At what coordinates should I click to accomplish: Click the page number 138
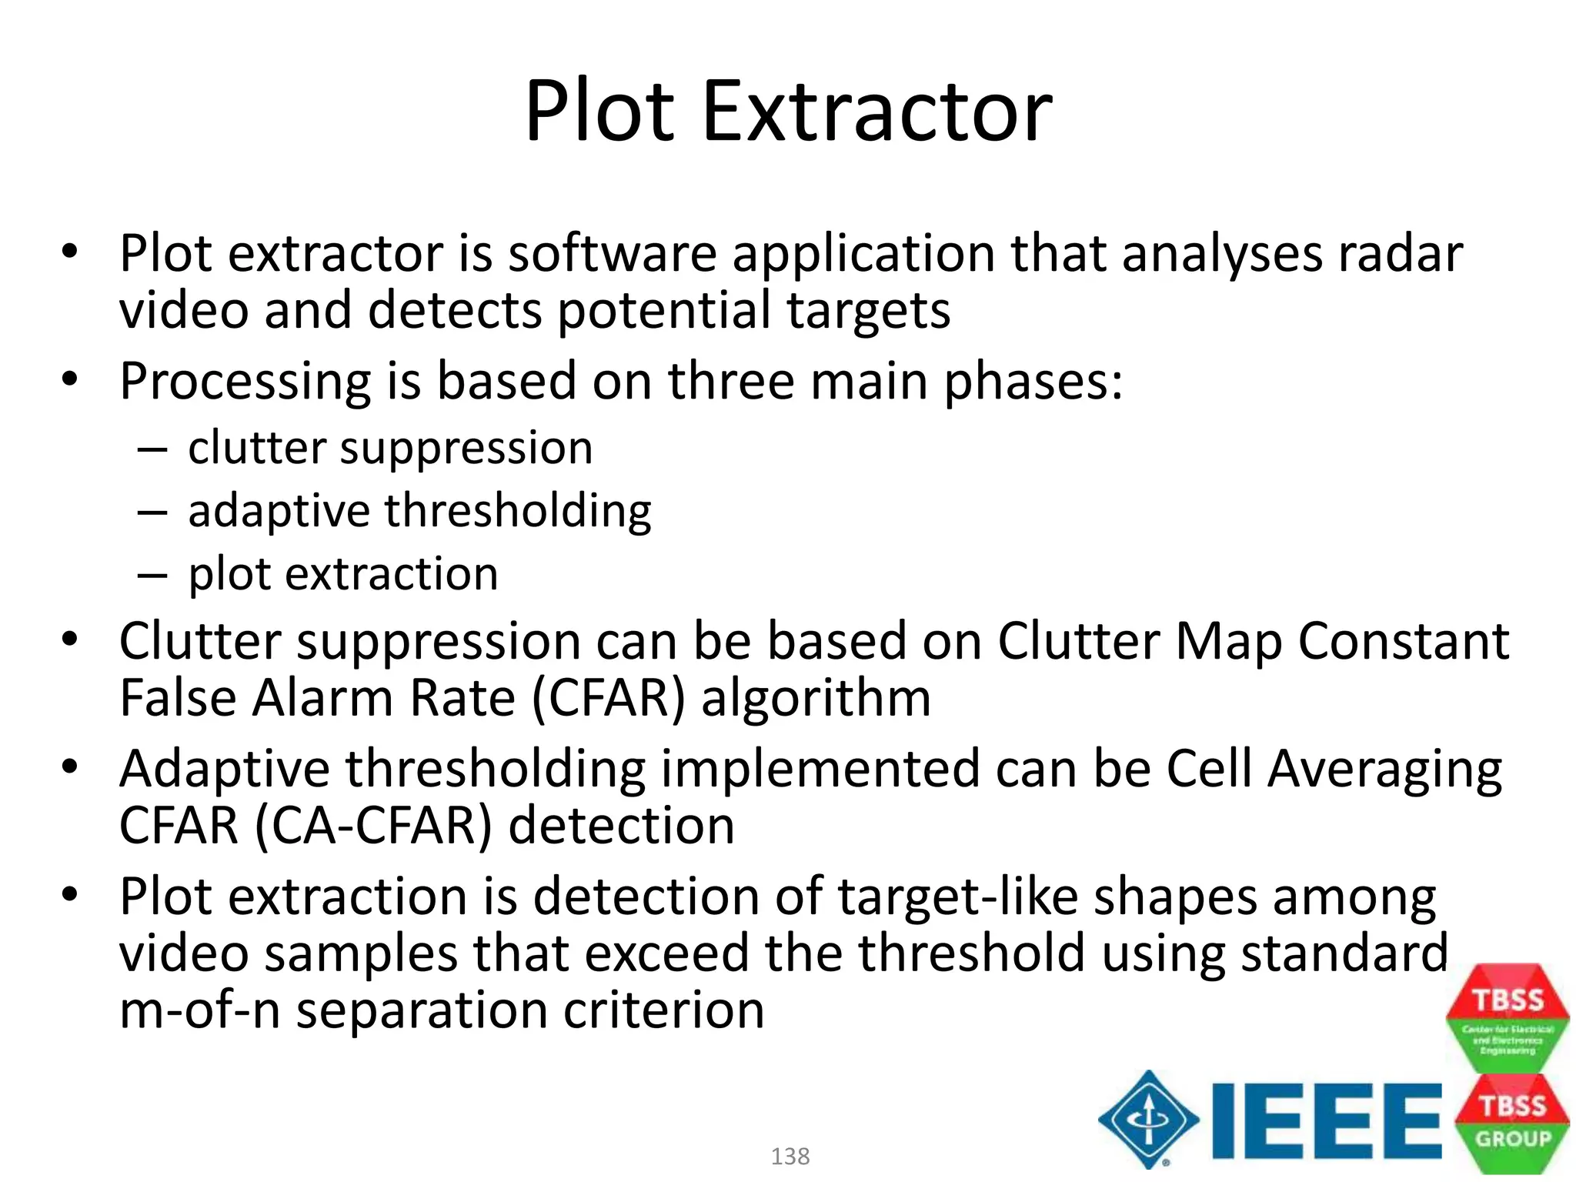point(790,1156)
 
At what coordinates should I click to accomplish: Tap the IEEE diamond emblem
point(1148,1119)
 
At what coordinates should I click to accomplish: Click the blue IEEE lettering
point(1325,1120)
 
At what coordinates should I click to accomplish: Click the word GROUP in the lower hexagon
point(1513,1138)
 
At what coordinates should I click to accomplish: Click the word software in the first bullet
point(613,254)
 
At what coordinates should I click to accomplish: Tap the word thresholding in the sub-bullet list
point(518,511)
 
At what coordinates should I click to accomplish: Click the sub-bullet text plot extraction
point(343,574)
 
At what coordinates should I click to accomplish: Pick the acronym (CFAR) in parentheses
point(607,699)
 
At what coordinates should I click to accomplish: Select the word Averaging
point(1384,770)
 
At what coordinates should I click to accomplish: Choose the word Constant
point(1404,642)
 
